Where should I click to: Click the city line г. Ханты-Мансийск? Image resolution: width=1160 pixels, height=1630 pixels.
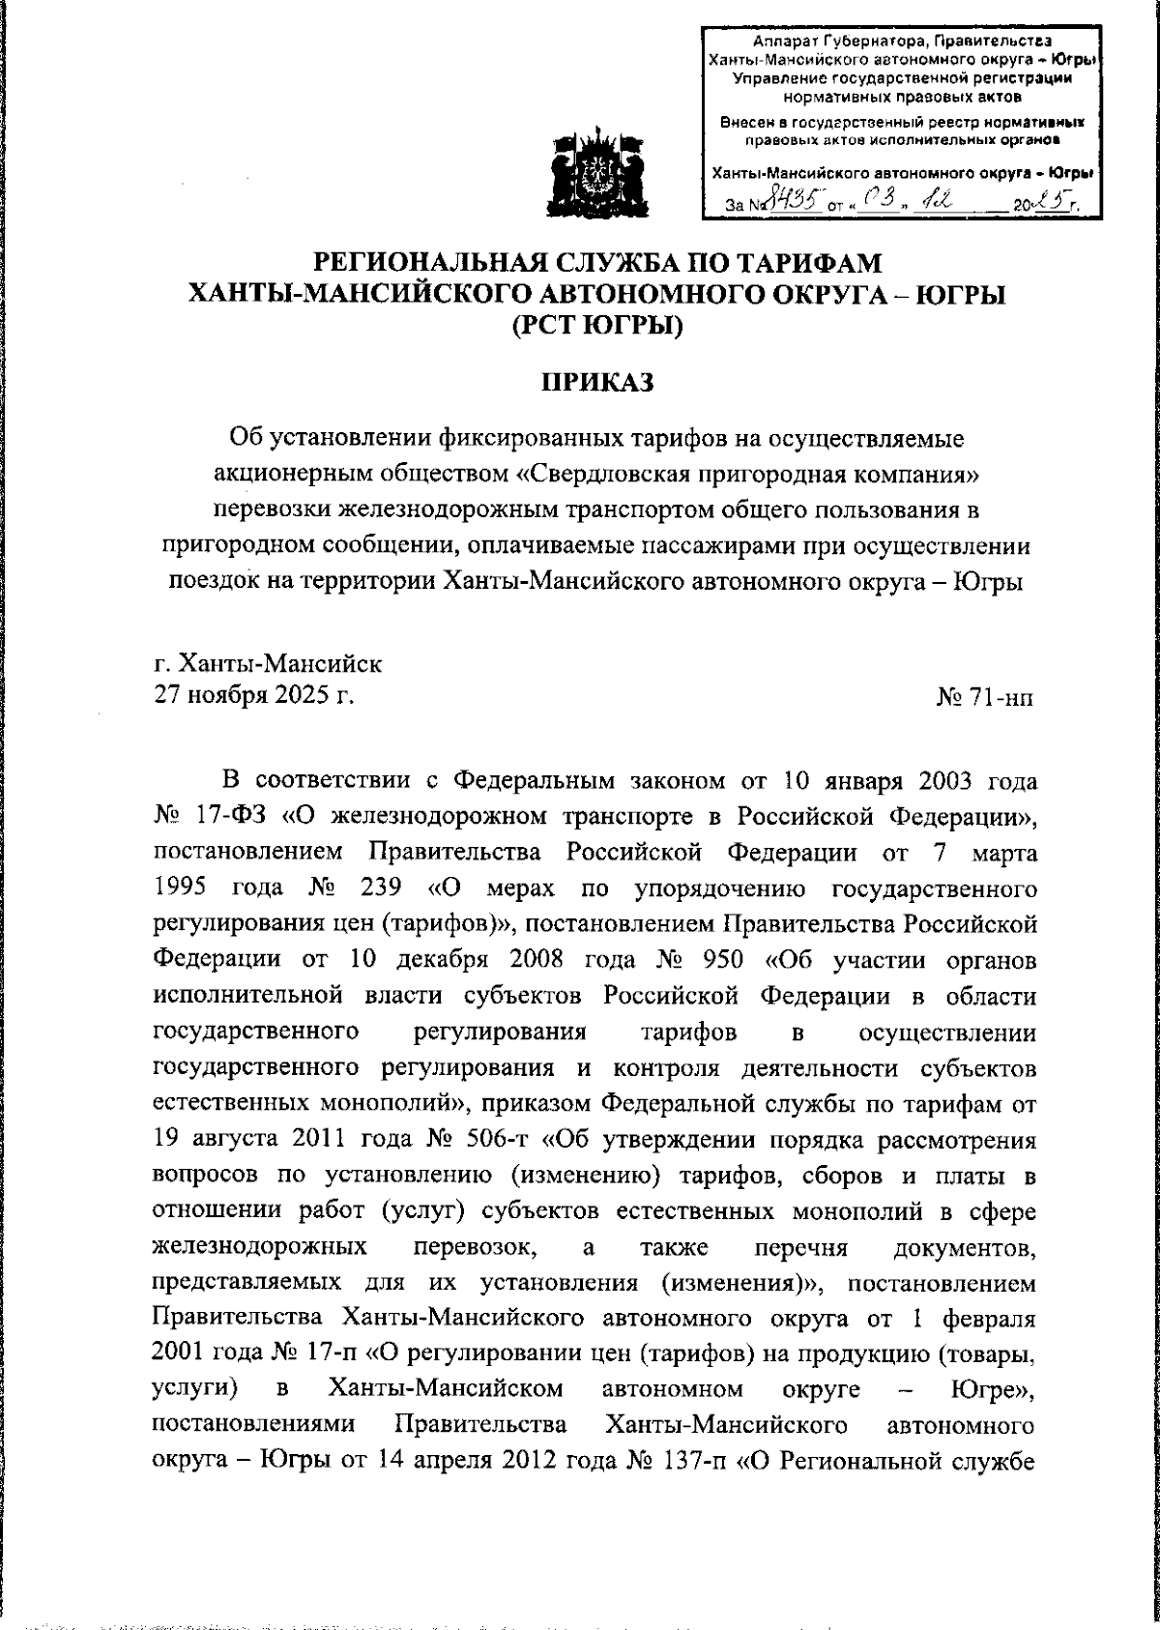[268, 664]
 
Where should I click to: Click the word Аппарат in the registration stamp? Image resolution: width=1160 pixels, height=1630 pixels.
[785, 41]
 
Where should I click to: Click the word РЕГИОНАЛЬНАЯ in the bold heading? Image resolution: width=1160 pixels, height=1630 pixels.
[425, 262]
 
